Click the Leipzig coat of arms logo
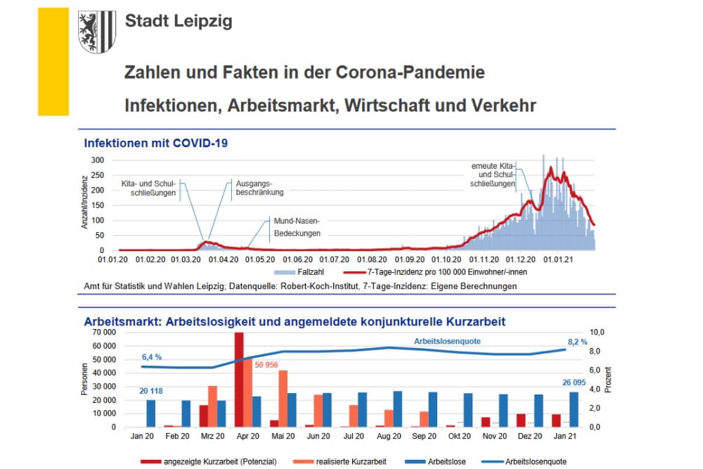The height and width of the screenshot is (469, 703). click(x=96, y=32)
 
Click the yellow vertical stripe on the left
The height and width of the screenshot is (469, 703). click(x=53, y=62)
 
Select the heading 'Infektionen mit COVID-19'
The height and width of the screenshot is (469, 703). click(x=155, y=143)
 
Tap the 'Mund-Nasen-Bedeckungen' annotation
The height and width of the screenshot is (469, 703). click(x=297, y=226)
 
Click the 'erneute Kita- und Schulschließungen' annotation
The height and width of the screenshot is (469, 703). click(x=493, y=174)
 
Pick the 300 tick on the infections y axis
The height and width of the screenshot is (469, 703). click(x=98, y=160)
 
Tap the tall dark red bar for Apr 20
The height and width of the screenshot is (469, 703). click(x=239, y=380)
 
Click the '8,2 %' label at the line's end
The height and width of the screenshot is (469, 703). click(x=579, y=341)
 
